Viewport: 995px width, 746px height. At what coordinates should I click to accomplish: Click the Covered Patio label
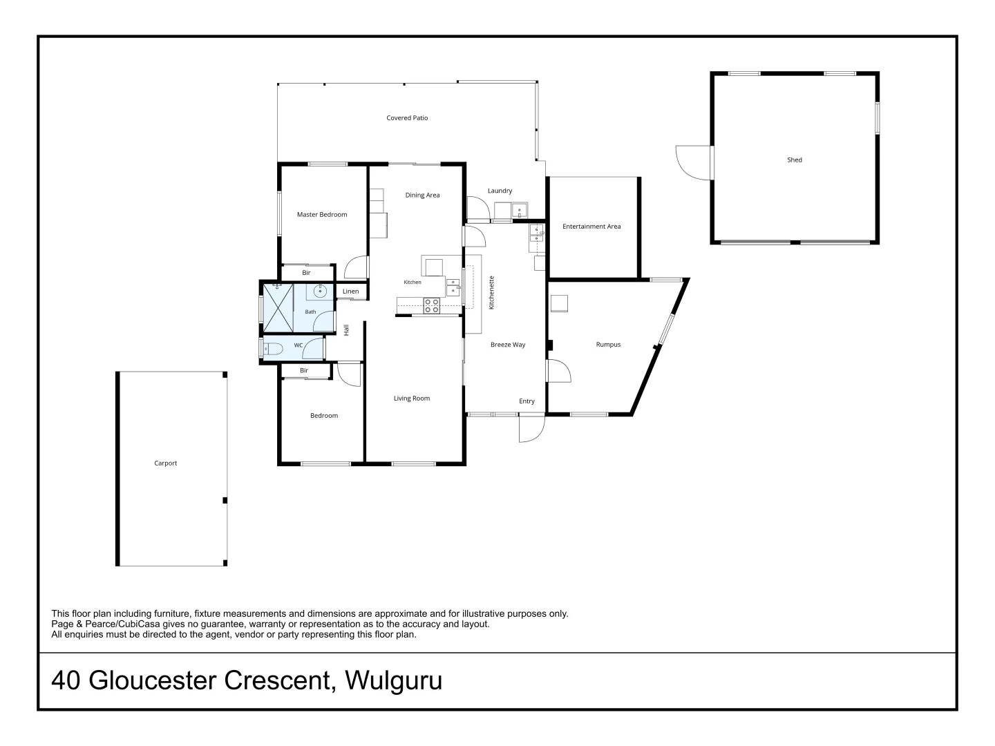click(406, 117)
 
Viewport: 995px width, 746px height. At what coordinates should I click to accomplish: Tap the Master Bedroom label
click(322, 214)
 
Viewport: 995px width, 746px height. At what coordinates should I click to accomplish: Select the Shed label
click(794, 160)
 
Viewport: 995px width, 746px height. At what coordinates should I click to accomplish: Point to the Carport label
click(165, 463)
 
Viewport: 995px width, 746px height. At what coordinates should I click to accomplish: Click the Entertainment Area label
click(591, 226)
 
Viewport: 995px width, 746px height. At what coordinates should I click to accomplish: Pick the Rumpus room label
click(608, 344)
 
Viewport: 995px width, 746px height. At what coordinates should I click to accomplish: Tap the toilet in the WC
click(274, 349)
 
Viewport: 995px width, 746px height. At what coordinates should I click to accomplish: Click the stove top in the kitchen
click(432, 306)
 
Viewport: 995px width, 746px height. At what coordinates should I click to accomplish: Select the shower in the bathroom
click(278, 308)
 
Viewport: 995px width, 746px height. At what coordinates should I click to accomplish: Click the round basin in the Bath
click(320, 291)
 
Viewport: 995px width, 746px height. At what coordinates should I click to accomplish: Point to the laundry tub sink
click(519, 210)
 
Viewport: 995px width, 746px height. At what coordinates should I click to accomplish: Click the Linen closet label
click(350, 291)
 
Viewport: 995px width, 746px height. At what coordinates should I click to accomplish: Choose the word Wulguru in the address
click(393, 680)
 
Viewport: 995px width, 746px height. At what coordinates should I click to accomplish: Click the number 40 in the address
click(66, 680)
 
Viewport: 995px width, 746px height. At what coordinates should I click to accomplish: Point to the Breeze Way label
click(508, 345)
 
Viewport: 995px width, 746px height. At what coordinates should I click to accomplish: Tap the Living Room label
click(412, 398)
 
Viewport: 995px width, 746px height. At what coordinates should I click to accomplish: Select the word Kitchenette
click(491, 293)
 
